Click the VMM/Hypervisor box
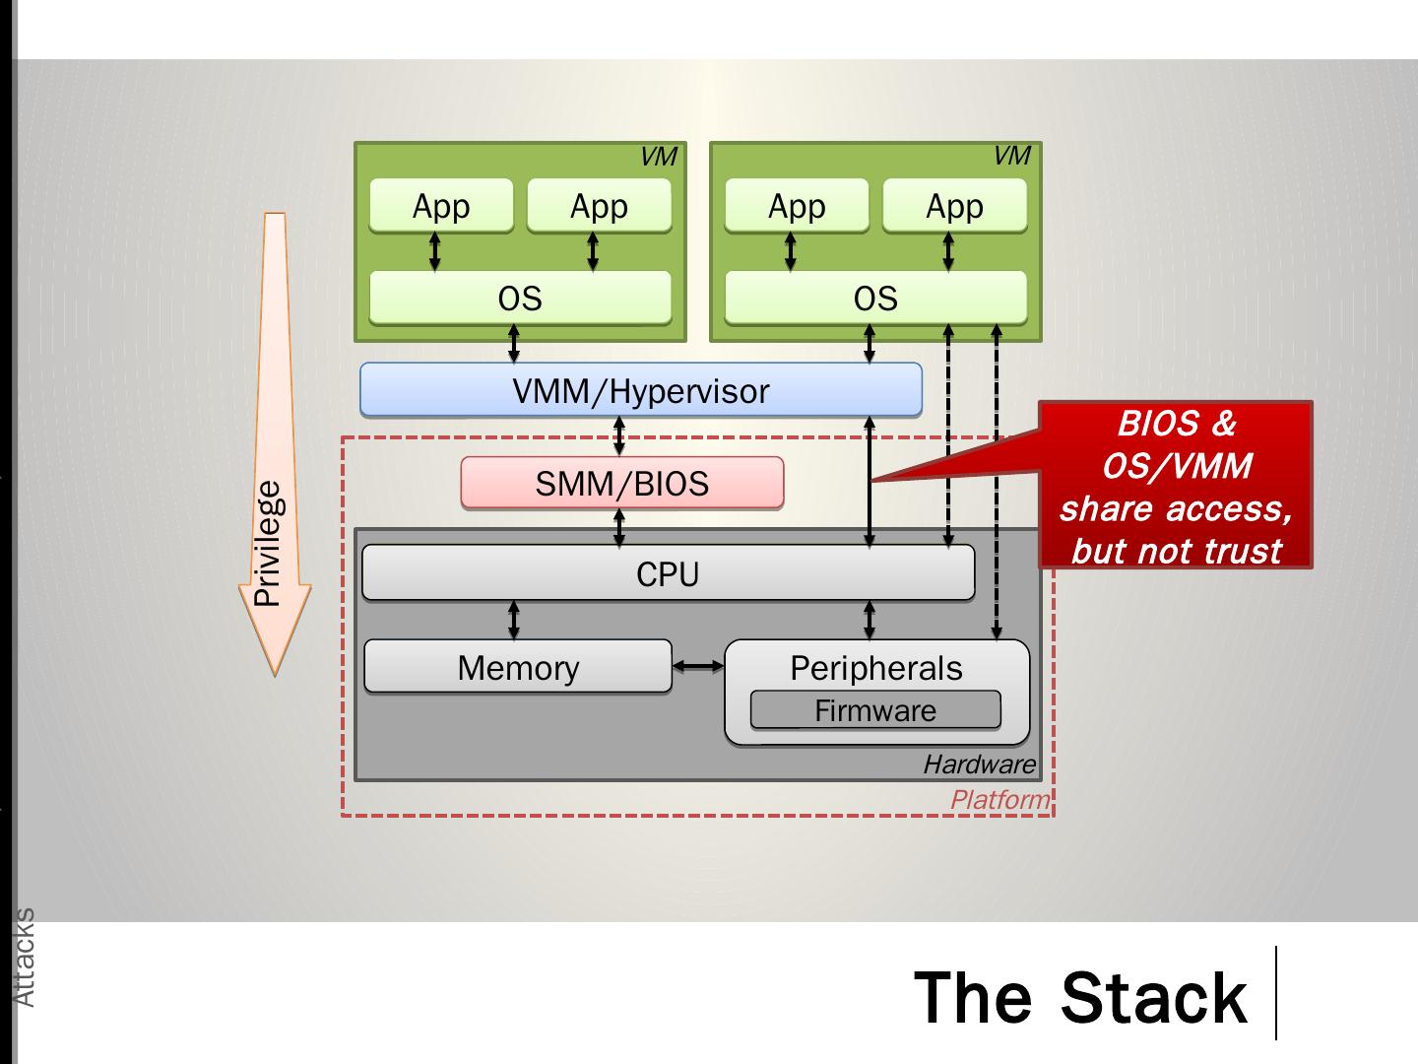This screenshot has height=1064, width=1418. tap(640, 391)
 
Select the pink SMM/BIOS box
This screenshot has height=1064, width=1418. tap(621, 484)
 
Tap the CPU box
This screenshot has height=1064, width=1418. tap(668, 574)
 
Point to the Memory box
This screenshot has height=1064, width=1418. tap(518, 667)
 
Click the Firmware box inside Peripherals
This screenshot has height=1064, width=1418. tap(875, 710)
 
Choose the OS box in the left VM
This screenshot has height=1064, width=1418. tap(520, 298)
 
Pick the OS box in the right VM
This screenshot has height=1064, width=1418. tap(875, 298)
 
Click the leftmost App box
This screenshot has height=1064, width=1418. tap(441, 206)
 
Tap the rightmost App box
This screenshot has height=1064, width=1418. tap(954, 206)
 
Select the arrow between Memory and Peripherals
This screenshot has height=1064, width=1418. tap(698, 667)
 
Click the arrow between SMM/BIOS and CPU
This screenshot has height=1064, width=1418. tap(619, 527)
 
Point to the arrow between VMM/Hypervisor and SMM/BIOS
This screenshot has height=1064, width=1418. tap(619, 435)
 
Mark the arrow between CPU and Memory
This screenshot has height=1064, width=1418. tap(514, 620)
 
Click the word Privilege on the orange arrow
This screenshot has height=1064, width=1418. tap(268, 543)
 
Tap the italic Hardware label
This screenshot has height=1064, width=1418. tap(979, 765)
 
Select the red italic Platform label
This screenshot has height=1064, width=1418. tap(999, 800)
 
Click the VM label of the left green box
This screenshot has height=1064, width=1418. tap(658, 157)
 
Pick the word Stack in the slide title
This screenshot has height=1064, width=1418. tap(1154, 997)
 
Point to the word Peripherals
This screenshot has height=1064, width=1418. tap(875, 668)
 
